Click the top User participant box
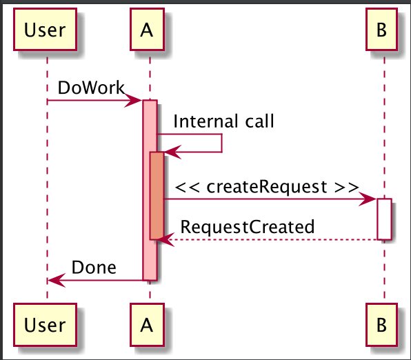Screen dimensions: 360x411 (x=45, y=30)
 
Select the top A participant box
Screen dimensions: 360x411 (x=146, y=30)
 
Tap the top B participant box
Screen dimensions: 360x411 (x=382, y=30)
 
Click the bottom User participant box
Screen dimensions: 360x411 (x=45, y=323)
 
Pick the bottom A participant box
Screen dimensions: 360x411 (x=146, y=323)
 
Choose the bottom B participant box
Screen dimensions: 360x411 (x=382, y=323)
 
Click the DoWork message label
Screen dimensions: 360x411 (x=91, y=88)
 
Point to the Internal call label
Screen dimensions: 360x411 (x=223, y=122)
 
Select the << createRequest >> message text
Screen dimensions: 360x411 (x=266, y=186)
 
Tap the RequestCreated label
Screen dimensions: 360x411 (x=248, y=226)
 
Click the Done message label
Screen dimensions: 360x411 (x=94, y=267)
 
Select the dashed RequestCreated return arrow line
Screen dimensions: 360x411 (x=276, y=239)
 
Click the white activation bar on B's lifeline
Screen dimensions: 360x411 (x=385, y=219)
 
